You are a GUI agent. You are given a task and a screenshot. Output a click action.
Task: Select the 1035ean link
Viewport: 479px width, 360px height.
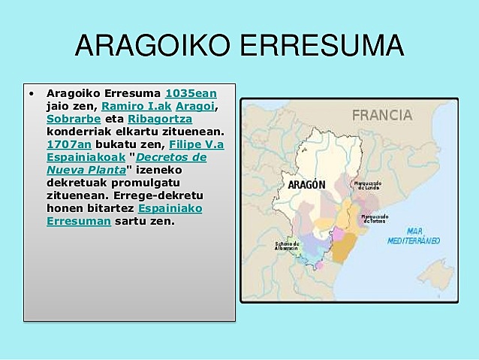tap(191, 94)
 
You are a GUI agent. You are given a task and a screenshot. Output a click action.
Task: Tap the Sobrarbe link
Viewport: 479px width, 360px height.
tap(74, 119)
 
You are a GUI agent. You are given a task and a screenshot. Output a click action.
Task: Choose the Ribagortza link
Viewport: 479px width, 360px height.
tap(160, 119)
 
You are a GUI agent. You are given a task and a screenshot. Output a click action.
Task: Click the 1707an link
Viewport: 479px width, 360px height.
tap(67, 144)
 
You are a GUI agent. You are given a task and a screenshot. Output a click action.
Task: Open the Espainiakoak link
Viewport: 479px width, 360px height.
tap(86, 157)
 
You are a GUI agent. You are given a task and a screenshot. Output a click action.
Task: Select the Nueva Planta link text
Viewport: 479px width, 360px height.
tap(86, 170)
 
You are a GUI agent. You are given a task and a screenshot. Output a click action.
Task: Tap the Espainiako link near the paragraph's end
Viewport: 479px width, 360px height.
tap(170, 208)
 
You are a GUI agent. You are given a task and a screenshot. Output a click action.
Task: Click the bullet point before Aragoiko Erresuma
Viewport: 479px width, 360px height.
tap(32, 95)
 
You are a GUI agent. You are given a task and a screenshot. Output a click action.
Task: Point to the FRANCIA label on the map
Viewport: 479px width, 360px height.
tap(382, 115)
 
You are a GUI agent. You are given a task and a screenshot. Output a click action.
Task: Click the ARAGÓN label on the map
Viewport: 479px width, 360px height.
tap(306, 185)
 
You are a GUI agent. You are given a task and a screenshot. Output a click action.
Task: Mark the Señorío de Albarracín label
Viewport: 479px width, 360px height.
tap(286, 245)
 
